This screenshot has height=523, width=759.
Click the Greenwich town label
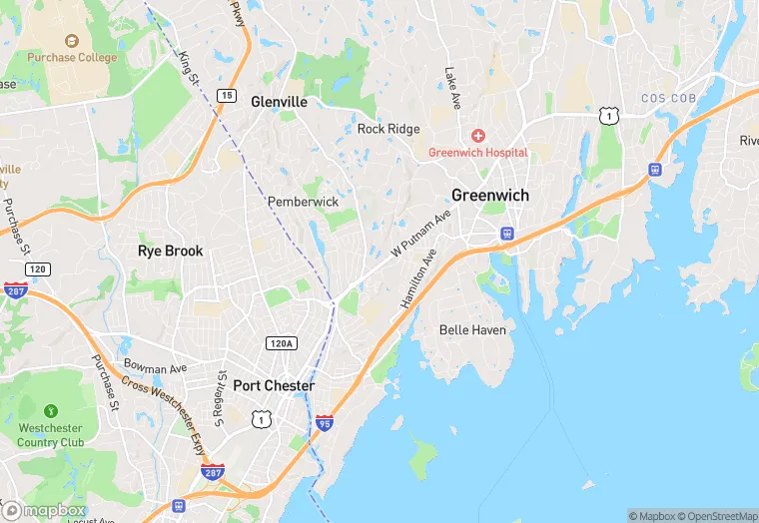tap(489, 195)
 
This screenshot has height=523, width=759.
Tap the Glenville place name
tap(279, 102)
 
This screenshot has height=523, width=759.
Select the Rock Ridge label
tap(388, 129)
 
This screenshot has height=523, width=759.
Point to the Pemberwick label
tap(303, 202)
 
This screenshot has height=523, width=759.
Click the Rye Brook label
tap(170, 251)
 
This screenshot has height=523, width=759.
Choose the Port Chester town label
tap(274, 385)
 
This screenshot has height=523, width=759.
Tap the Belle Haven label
tap(472, 329)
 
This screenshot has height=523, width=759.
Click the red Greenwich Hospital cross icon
tap(477, 135)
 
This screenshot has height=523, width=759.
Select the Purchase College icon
tap(71, 41)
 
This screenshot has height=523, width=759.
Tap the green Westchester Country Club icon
tap(51, 410)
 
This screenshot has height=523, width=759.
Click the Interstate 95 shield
tap(325, 423)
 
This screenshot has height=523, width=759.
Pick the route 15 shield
tap(228, 96)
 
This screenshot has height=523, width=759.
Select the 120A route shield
tap(282, 343)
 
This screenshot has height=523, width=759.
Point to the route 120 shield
tap(38, 269)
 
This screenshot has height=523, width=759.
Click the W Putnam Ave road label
tap(420, 235)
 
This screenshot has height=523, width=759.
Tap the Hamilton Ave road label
tap(419, 284)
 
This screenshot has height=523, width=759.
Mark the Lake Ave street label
tap(452, 88)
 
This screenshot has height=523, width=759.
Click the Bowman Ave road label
tap(155, 367)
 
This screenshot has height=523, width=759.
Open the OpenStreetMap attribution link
tap(717, 516)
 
